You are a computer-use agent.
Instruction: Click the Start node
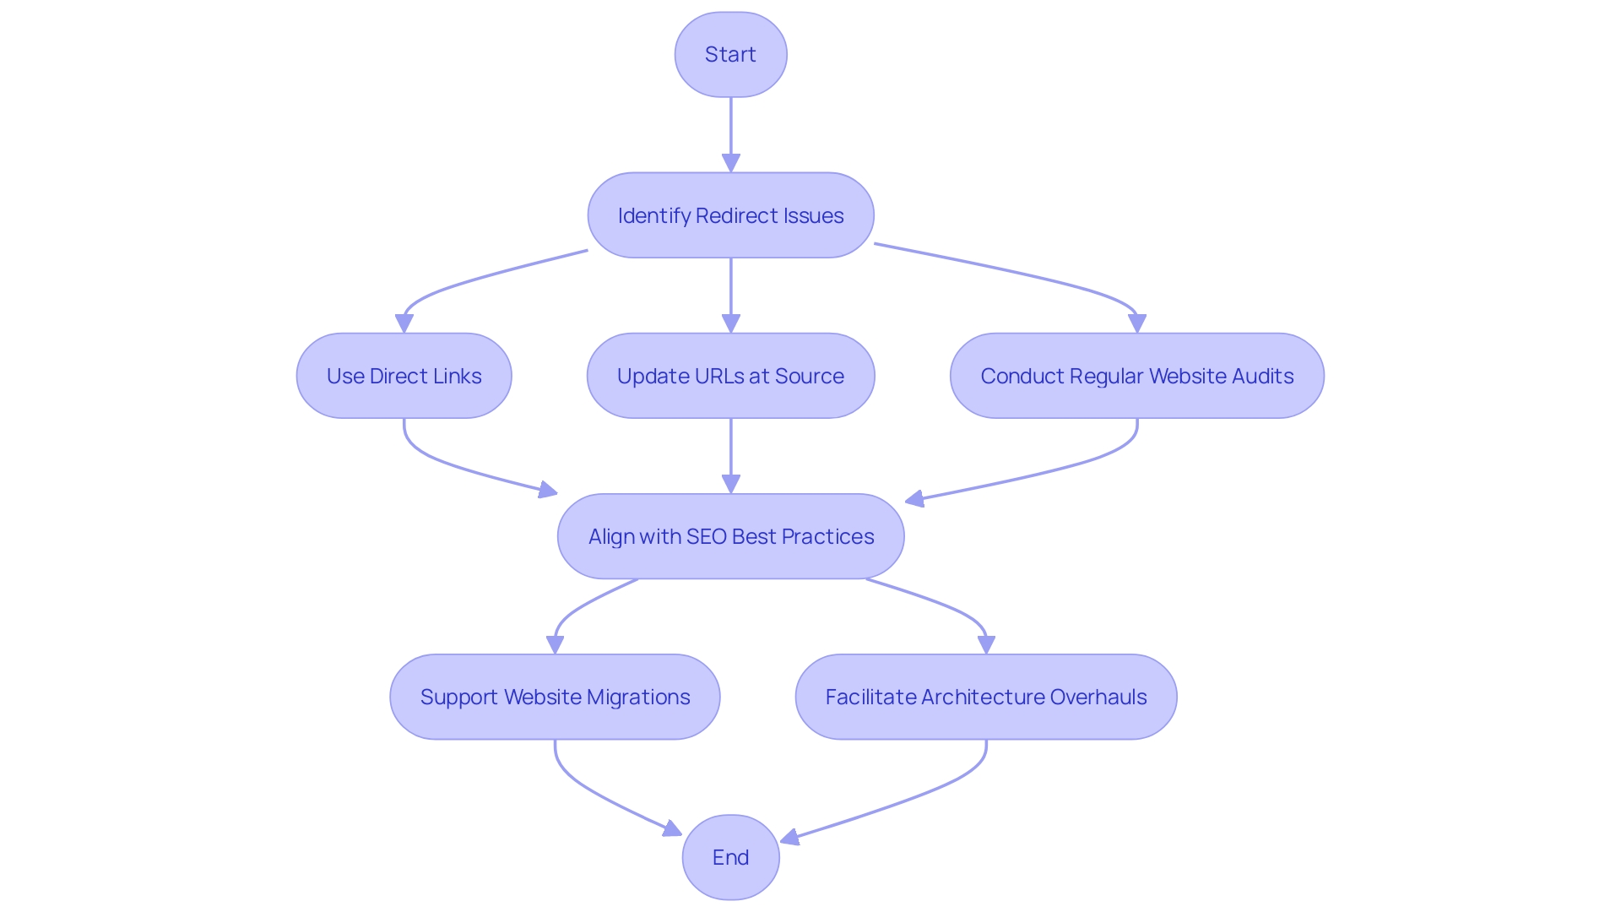(x=730, y=54)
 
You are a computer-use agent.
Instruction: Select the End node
(x=730, y=857)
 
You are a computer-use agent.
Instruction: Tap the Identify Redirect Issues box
(x=730, y=215)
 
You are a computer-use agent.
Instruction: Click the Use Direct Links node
(x=404, y=376)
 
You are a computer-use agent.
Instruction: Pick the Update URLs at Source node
(x=730, y=376)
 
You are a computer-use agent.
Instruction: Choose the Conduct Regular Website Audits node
(x=1136, y=376)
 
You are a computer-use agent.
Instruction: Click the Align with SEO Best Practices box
(x=730, y=536)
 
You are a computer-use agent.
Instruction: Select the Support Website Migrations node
(x=555, y=697)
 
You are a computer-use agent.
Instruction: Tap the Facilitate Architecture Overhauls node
(x=985, y=697)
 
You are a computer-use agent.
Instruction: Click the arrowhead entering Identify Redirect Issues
(x=731, y=163)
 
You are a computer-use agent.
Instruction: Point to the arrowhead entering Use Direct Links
(x=404, y=323)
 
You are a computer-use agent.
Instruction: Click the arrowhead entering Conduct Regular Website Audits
(x=1137, y=323)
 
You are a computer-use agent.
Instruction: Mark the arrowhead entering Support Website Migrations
(x=555, y=644)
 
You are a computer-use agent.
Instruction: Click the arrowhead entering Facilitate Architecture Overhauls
(x=986, y=644)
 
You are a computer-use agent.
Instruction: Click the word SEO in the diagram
(x=707, y=536)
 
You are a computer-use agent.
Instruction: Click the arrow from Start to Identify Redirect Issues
(x=731, y=127)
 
